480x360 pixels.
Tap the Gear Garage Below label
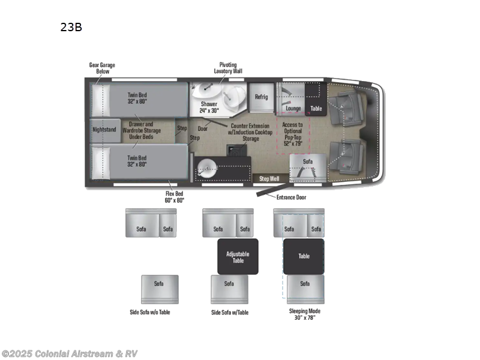tap(102, 67)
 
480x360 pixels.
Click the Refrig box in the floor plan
tap(261, 97)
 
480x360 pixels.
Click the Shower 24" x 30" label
tap(209, 107)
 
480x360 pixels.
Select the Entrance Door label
tap(292, 197)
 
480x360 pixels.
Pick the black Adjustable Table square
tap(238, 257)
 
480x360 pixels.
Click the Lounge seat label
tap(293, 109)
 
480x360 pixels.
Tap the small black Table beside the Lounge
tap(316, 109)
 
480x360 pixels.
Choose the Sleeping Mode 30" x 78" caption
tap(304, 314)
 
